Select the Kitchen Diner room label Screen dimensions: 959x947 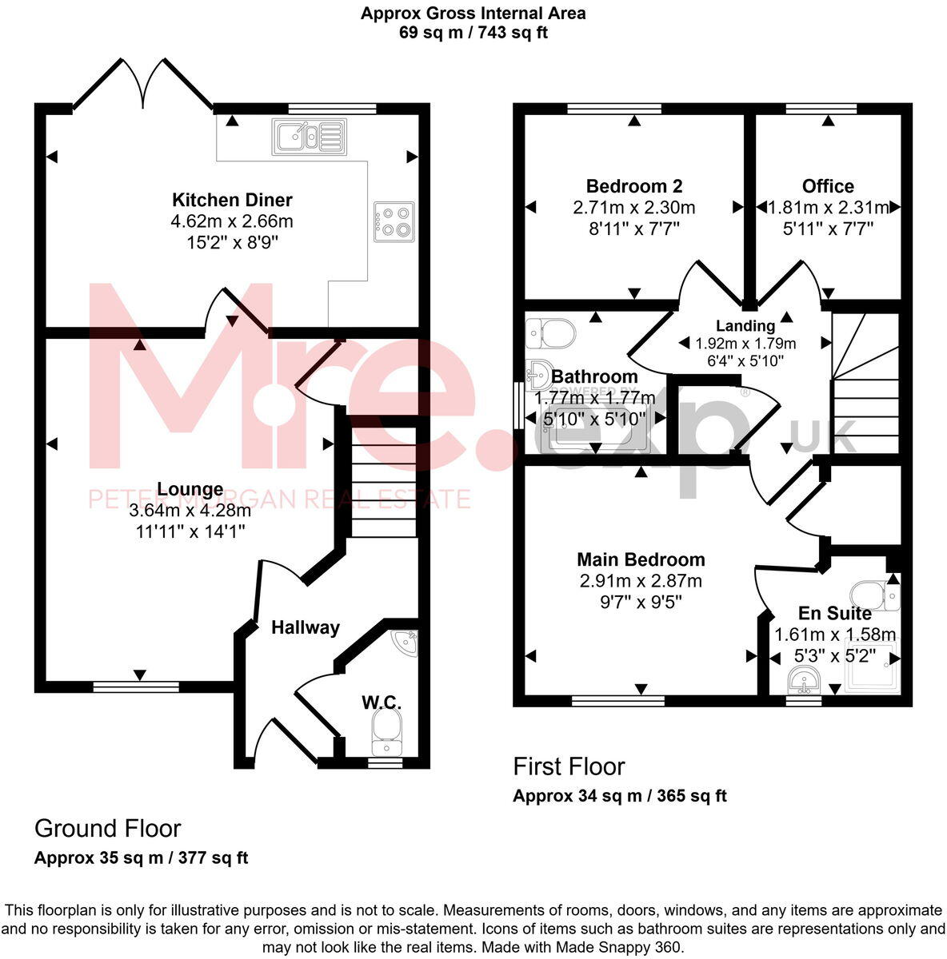point(233,200)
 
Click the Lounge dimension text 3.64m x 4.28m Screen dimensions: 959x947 point(190,510)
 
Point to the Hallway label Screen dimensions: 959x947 point(305,628)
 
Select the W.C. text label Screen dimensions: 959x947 point(381,702)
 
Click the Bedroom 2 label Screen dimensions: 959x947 point(634,186)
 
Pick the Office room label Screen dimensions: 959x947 point(828,186)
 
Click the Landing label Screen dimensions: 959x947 point(745,325)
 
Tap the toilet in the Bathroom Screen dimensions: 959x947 point(551,332)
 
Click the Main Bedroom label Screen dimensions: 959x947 point(641,559)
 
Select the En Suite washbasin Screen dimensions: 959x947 point(804,681)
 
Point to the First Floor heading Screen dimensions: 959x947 point(569,766)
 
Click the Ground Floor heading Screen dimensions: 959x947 point(107,828)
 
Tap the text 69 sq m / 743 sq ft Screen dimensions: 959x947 point(473,33)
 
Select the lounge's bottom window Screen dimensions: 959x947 point(136,686)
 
